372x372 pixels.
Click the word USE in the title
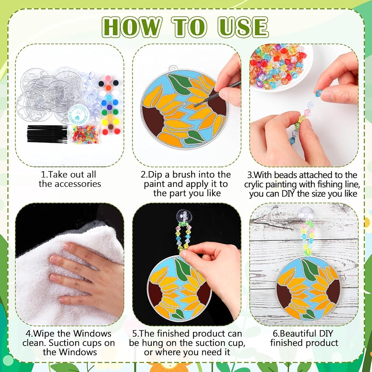click(x=243, y=27)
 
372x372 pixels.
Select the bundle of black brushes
click(x=47, y=134)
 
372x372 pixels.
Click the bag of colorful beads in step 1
click(x=85, y=135)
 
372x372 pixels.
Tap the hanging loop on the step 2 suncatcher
click(x=173, y=68)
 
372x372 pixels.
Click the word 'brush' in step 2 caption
click(x=184, y=174)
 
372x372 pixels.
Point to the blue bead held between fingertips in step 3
click(x=319, y=93)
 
